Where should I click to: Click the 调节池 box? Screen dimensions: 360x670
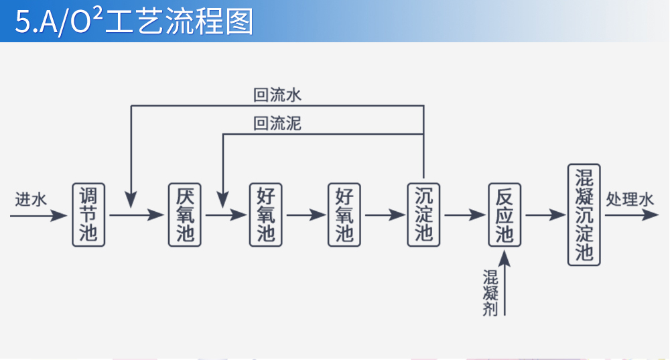click(x=88, y=215)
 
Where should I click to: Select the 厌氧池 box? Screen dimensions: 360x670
click(x=184, y=215)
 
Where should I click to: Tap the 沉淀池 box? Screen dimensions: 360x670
click(x=423, y=215)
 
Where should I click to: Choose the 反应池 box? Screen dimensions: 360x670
click(x=505, y=215)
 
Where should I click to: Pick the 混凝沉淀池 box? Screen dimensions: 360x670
click(x=584, y=215)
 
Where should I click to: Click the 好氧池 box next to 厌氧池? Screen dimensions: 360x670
click(x=266, y=215)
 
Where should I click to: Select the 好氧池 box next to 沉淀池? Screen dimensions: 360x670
click(x=344, y=215)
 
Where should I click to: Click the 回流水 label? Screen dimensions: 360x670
click(x=277, y=95)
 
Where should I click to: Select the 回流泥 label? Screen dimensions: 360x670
click(x=277, y=124)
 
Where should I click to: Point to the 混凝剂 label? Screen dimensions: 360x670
click(x=490, y=292)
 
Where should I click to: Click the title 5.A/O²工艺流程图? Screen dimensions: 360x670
click(x=134, y=21)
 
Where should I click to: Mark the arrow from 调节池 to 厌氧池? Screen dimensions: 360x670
click(x=137, y=215)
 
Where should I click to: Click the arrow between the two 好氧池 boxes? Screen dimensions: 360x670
click(x=305, y=215)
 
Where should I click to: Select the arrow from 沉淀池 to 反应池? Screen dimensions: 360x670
click(x=464, y=215)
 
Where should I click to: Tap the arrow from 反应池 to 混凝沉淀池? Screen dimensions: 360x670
click(x=545, y=215)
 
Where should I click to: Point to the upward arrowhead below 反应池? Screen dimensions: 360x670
click(x=505, y=257)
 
